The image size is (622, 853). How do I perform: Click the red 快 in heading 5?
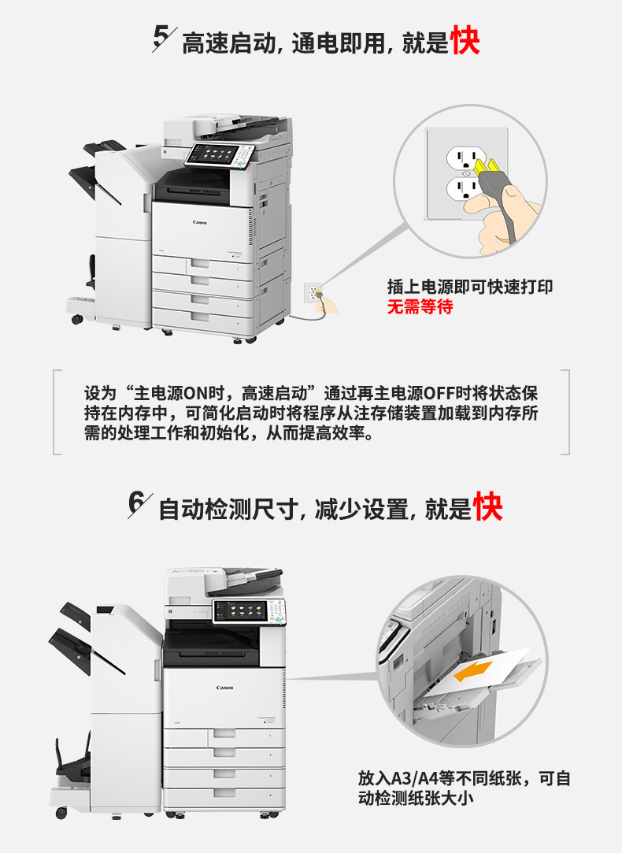click(x=465, y=40)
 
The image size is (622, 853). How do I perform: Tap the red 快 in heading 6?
click(x=487, y=506)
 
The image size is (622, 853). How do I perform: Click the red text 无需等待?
click(x=420, y=307)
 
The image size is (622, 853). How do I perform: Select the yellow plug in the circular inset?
click(x=487, y=169)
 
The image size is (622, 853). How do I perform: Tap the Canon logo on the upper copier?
click(x=199, y=222)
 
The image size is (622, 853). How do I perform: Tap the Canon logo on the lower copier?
click(x=224, y=688)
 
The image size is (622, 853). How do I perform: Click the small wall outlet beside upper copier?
click(x=313, y=293)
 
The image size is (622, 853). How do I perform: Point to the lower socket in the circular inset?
click(x=462, y=189)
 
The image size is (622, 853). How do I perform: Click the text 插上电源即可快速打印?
click(x=470, y=287)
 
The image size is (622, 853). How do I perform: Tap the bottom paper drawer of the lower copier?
click(x=224, y=796)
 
